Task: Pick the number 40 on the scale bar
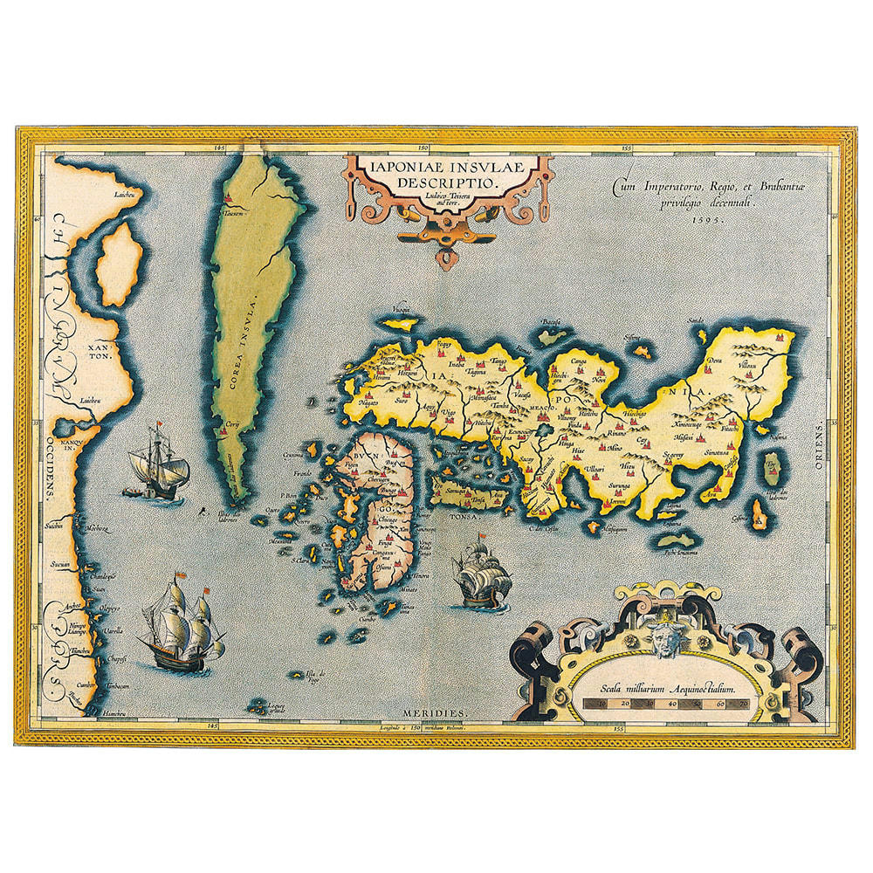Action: click(x=671, y=701)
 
